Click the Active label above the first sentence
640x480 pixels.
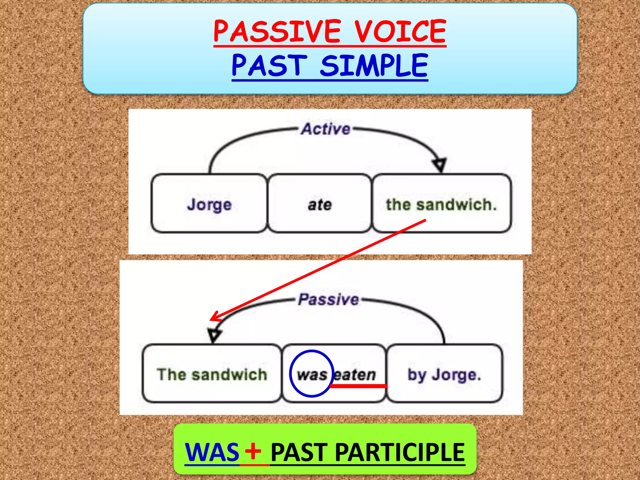click(x=326, y=129)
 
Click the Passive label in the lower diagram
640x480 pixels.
click(x=328, y=299)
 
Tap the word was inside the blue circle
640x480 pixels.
click(x=312, y=374)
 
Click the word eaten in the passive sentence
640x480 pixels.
click(x=355, y=374)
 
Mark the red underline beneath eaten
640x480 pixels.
click(x=358, y=386)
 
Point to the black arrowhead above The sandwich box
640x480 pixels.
click(x=214, y=335)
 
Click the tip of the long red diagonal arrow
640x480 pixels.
click(x=211, y=320)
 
